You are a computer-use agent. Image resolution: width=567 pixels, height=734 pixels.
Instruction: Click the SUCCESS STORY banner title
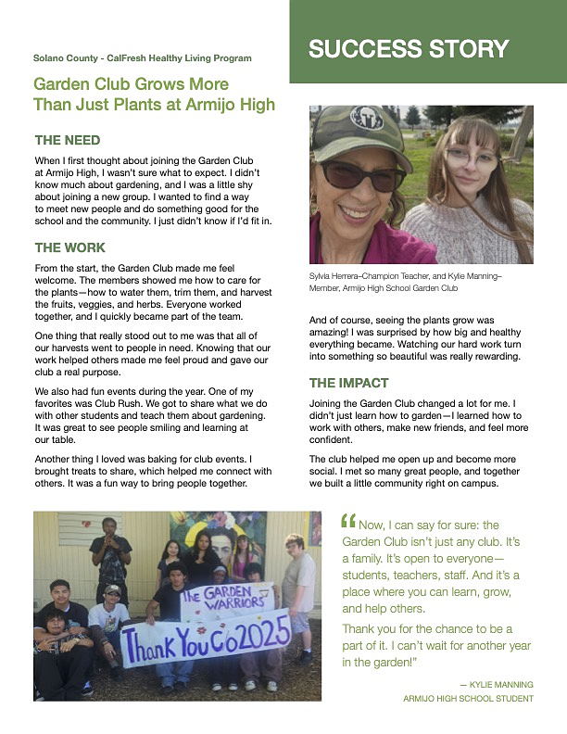pos(409,49)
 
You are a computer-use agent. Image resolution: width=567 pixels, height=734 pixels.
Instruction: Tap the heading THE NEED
pos(68,141)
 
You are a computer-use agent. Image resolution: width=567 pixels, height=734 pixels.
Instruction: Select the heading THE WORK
pos(70,248)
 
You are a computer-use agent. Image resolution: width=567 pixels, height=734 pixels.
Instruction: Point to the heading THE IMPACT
pos(348,383)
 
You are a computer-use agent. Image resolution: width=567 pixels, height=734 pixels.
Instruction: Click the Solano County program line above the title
pos(142,58)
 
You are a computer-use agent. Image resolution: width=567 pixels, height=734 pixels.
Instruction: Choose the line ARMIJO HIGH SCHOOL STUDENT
pos(468,698)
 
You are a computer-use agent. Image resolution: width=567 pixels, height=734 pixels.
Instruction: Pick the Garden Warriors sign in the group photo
pos(226,600)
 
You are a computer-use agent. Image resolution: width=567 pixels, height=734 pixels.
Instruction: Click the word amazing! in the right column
pos(333,332)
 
